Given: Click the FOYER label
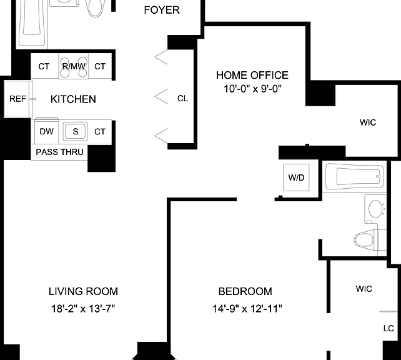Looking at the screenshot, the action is [162, 10].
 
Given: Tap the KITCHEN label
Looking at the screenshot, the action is [73, 99].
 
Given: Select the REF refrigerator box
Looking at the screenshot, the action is [18, 99].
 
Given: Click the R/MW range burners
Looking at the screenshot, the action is [74, 66].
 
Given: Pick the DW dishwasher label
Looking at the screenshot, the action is [47, 131].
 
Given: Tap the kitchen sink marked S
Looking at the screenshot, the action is [75, 131].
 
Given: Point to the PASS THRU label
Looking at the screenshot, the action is [59, 152].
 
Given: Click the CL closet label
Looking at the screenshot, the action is [182, 99].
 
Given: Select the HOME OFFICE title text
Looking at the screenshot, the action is [252, 75].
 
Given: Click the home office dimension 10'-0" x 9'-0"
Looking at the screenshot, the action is [252, 89].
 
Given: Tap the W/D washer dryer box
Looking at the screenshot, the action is [296, 177].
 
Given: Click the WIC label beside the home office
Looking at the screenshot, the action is [368, 122].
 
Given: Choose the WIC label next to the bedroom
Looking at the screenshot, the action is [364, 289].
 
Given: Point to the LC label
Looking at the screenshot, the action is [389, 328].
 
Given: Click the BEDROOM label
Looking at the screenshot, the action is [245, 291].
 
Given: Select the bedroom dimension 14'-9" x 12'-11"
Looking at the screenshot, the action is [247, 309].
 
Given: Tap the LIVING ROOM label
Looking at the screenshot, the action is [83, 291].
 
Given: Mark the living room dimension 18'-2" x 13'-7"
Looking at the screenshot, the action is [83, 309].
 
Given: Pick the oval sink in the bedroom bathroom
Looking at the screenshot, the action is [375, 209].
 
